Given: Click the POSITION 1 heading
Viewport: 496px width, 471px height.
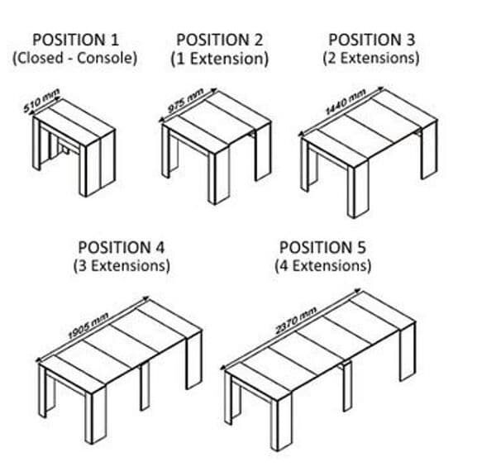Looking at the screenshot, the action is point(75,40).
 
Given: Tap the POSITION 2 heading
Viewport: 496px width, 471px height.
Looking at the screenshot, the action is point(220,40).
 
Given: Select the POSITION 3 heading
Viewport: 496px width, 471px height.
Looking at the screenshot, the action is point(371,40).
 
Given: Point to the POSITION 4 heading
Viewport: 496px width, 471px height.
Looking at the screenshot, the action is point(122,247).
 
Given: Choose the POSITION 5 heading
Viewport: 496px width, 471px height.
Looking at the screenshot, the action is point(322,247).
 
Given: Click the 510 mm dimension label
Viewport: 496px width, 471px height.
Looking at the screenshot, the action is point(41,101).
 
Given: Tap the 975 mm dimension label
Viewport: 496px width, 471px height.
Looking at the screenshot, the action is point(185,101).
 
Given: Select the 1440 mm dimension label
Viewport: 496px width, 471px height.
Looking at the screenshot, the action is point(346,102).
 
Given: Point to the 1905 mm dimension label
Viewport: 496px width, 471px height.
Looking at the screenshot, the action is point(88,326).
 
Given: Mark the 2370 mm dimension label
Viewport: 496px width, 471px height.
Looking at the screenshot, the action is point(296,321).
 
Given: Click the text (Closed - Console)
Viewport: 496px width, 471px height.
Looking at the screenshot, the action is point(74,58).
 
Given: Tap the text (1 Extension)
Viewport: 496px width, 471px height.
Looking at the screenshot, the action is point(220,59).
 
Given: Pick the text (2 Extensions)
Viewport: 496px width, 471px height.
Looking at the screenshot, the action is point(371,58).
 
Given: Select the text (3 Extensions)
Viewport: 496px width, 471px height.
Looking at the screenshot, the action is point(122,266).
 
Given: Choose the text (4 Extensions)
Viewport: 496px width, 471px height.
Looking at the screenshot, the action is point(322,266).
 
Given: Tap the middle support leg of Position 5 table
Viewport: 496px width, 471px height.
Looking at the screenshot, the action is point(347,388).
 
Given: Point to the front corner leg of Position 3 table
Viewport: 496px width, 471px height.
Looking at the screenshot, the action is point(359,190).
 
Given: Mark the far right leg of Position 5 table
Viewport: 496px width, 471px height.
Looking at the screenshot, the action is point(408,350).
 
